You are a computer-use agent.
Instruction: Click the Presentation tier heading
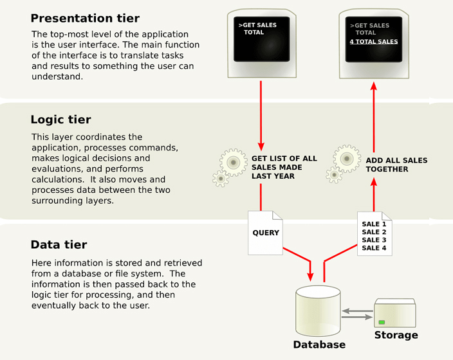(85, 18)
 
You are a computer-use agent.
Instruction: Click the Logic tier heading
(60, 120)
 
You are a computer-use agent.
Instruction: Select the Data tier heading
(59, 245)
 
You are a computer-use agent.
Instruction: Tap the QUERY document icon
(266, 231)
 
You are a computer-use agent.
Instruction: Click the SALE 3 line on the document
(374, 240)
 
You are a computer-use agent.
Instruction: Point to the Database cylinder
(318, 312)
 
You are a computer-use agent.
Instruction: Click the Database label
(319, 345)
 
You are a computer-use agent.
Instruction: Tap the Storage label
(396, 335)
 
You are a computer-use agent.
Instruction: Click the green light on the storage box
(382, 322)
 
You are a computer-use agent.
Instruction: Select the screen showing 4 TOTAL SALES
(374, 39)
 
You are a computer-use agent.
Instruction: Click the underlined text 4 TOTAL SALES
(374, 42)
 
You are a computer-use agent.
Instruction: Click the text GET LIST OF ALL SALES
(284, 166)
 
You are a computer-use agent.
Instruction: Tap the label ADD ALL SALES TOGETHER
(396, 165)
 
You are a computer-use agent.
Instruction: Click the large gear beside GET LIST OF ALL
(232, 162)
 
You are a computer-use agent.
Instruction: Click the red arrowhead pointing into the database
(311, 276)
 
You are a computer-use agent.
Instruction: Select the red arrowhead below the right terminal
(374, 87)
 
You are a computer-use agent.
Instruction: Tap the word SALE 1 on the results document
(374, 224)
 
